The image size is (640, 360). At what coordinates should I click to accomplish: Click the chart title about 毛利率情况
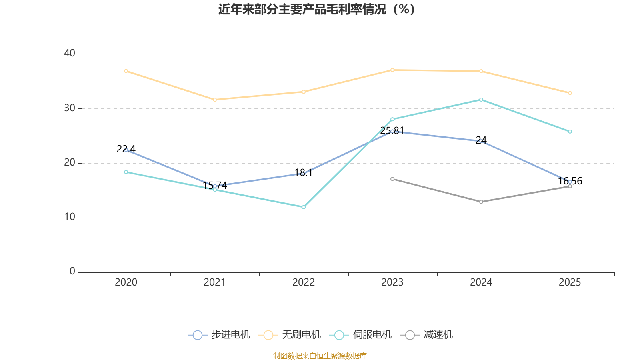(x=316, y=9)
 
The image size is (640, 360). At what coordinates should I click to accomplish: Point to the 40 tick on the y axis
(x=70, y=53)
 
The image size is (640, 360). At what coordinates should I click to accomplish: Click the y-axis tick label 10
(x=70, y=217)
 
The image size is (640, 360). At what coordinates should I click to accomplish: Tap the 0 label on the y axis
(x=72, y=272)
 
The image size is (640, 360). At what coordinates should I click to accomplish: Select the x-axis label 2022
(x=304, y=282)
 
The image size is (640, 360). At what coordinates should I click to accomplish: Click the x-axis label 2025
(x=570, y=282)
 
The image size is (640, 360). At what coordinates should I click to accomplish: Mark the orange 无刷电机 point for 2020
(x=126, y=71)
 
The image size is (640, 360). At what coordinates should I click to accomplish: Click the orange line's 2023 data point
(x=392, y=70)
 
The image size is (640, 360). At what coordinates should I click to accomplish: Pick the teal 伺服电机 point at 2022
(x=304, y=207)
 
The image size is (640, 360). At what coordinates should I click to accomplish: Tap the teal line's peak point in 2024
(x=481, y=100)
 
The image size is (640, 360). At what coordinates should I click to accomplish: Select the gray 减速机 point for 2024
(x=481, y=202)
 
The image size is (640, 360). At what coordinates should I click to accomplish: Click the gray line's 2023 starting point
(x=392, y=179)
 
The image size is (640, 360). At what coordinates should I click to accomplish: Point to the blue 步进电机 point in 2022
(x=304, y=173)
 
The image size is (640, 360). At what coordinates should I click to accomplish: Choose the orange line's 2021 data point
(x=215, y=100)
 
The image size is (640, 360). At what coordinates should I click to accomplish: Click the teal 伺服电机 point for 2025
(x=570, y=132)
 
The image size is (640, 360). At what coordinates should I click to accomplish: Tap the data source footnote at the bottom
(x=320, y=356)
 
